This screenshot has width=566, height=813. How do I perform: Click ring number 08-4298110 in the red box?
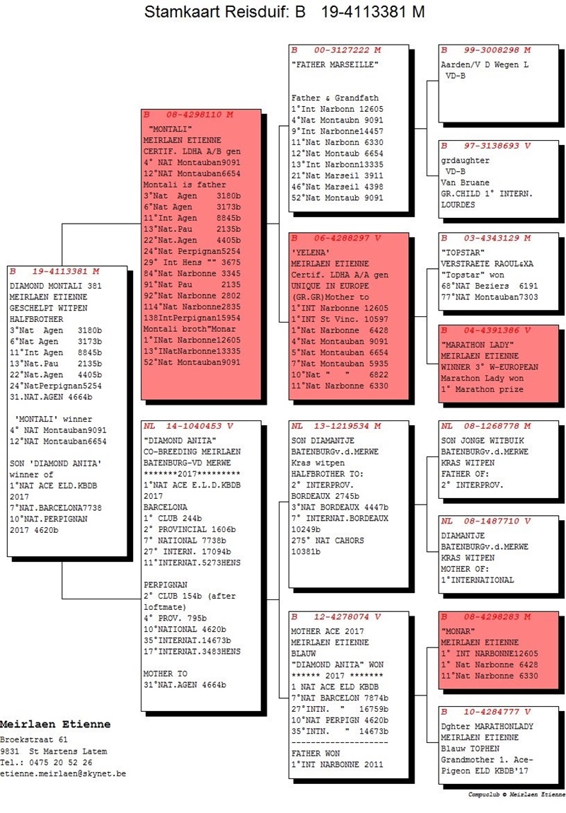(200, 114)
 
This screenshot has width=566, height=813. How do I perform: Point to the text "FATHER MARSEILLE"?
(335, 65)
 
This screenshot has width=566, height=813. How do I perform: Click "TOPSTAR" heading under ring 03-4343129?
(463, 252)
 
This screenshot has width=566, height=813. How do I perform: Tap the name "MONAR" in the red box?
(458, 630)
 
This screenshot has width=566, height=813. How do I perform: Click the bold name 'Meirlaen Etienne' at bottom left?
(55, 724)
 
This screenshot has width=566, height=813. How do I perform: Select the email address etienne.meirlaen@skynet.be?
(63, 773)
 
